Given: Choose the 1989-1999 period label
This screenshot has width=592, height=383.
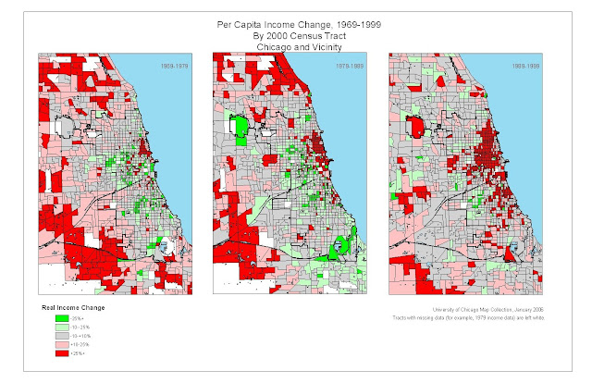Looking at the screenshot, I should click(x=529, y=67).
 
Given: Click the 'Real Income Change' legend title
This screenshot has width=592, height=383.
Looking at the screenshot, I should click(x=80, y=306).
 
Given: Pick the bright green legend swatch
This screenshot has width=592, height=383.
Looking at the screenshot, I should click(x=60, y=318).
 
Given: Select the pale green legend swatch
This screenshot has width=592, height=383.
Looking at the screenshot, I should click(x=60, y=327).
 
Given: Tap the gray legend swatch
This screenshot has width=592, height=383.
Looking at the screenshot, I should click(x=60, y=336).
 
